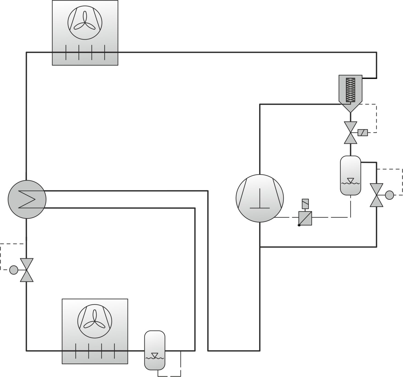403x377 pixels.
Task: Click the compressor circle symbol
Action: pyautogui.click(x=259, y=198)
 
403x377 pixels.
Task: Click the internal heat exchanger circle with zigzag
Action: pyautogui.click(x=27, y=199)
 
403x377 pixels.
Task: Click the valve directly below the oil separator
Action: pyautogui.click(x=351, y=133)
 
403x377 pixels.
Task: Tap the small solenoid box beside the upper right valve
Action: pyautogui.click(x=363, y=133)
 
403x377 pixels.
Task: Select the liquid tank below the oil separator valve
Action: pyautogui.click(x=350, y=175)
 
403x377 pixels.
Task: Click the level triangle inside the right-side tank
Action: pyautogui.click(x=350, y=180)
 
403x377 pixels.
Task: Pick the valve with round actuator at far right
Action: pyautogui.click(x=376, y=195)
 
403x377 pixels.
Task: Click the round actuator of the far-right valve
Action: pyautogui.click(x=389, y=195)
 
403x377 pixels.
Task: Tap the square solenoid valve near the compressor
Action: pyautogui.click(x=305, y=218)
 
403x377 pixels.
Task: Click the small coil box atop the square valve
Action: pyautogui.click(x=305, y=204)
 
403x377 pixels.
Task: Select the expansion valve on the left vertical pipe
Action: pyautogui.click(x=27, y=270)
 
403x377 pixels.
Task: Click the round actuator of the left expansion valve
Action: pyautogui.click(x=13, y=270)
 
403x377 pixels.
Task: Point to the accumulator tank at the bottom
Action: pyautogui.click(x=155, y=350)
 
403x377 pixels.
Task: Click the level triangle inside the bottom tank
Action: pyautogui.click(x=155, y=355)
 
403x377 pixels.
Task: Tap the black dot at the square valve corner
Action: pyautogui.click(x=299, y=225)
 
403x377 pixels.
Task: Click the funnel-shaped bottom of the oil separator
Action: pyautogui.click(x=350, y=108)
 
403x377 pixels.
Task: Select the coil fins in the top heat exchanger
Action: pyautogui.click(x=85, y=52)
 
